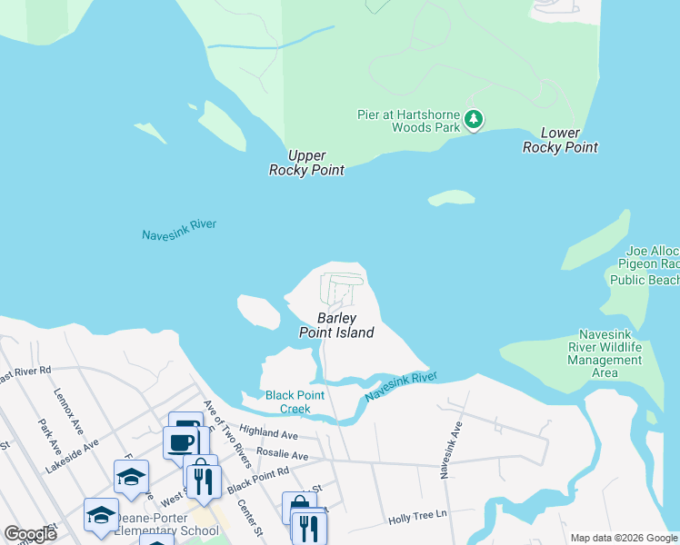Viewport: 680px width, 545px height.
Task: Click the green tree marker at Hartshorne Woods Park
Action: coord(473,119)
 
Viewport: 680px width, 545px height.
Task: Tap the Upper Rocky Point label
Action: coord(306,163)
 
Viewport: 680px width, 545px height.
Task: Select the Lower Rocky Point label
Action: coord(560,140)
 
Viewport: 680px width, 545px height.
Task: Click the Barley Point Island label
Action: coord(336,325)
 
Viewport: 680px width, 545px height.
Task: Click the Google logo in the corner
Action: coord(30,534)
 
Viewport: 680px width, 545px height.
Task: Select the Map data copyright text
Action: coord(624,538)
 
